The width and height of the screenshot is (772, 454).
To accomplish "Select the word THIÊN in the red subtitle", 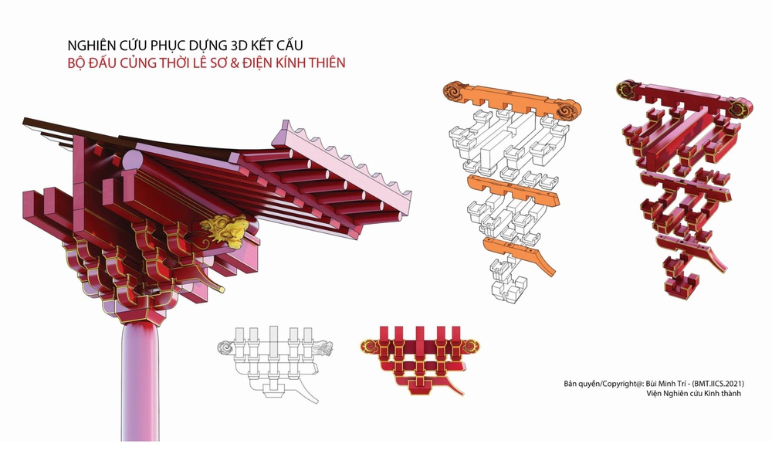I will tap(323, 63).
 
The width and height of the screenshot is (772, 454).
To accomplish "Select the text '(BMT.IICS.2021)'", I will tap(718, 383).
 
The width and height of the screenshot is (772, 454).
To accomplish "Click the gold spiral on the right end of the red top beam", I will tap(738, 108).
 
